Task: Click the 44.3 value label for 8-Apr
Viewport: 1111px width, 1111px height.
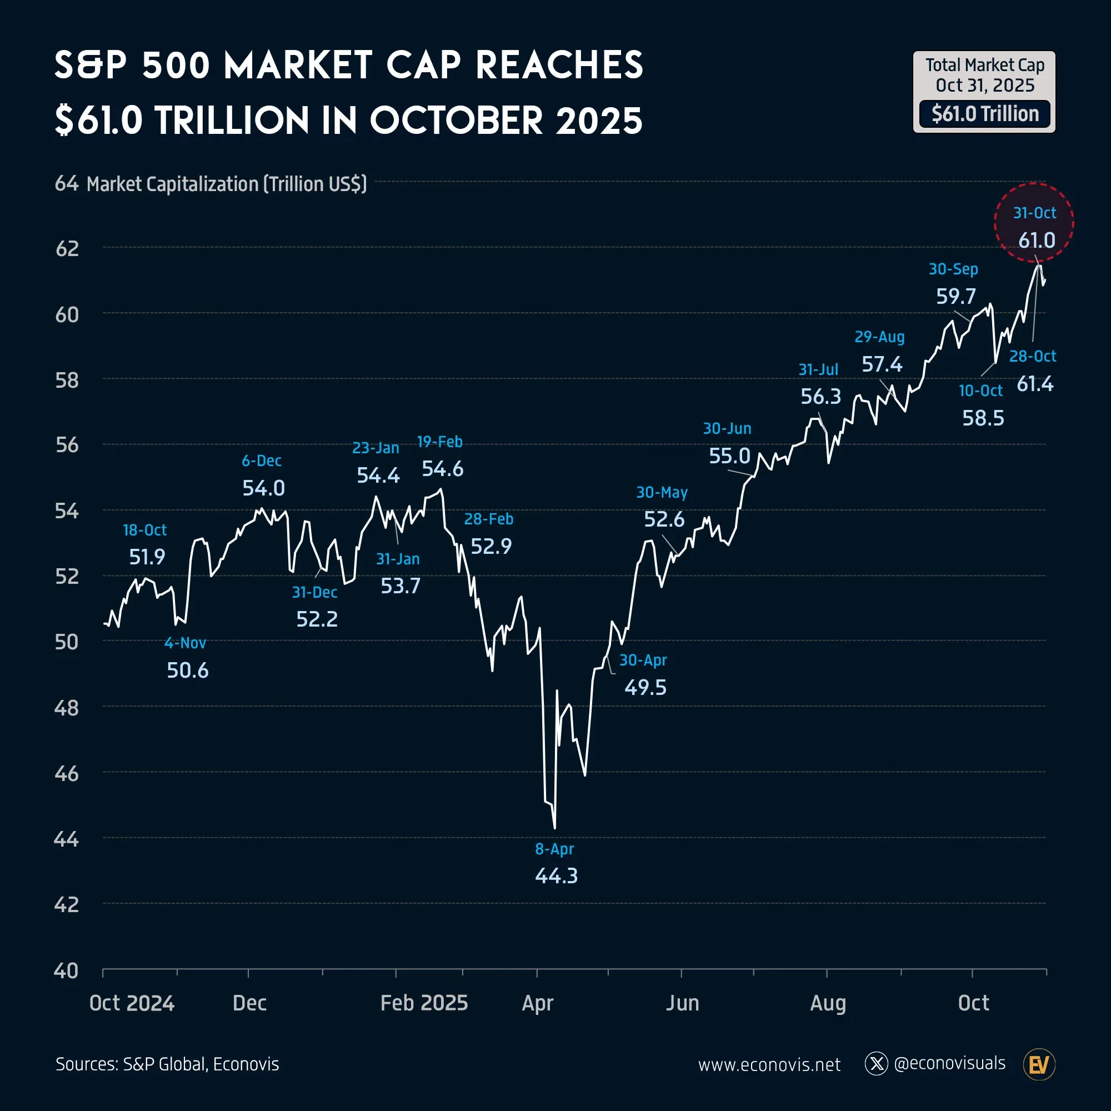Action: point(556,876)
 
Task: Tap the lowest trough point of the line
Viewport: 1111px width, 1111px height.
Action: point(555,828)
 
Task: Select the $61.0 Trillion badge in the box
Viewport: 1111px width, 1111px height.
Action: point(984,114)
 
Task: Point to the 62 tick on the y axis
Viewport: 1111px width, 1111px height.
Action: point(67,248)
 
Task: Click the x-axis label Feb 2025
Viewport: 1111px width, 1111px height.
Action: point(424,1003)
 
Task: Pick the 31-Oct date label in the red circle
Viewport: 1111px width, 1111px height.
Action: point(1034,213)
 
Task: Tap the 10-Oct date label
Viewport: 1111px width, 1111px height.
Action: point(980,391)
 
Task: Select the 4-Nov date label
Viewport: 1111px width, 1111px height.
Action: point(185,643)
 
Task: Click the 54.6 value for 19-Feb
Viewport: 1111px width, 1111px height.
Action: point(442,469)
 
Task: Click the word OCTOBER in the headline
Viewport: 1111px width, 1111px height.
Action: point(456,121)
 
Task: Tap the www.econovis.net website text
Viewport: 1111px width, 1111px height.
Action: point(769,1065)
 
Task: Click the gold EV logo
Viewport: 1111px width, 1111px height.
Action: point(1039,1065)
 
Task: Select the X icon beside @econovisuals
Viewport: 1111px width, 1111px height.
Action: point(877,1064)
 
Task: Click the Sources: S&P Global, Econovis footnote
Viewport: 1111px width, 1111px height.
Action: point(167,1064)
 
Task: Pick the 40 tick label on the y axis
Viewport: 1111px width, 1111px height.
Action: point(66,971)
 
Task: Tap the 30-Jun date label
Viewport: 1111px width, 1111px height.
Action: point(727,428)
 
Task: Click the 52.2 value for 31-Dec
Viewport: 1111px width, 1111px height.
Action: point(317,619)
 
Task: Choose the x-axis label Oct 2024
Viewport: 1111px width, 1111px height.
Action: point(132,1003)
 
